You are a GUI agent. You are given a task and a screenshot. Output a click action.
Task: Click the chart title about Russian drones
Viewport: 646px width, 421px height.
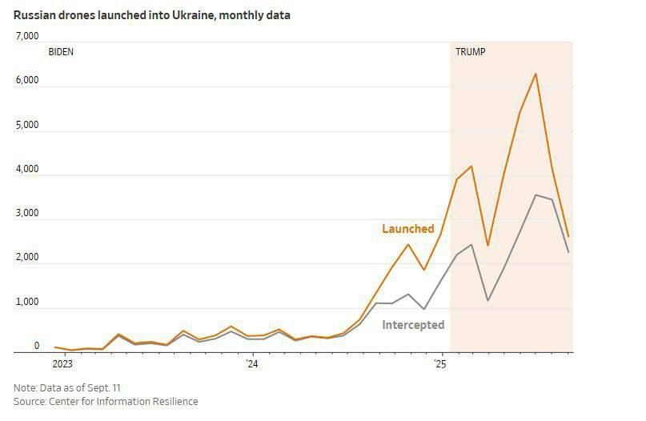pyautogui.click(x=151, y=15)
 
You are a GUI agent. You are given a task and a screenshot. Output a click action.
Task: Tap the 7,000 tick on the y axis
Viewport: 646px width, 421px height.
pyautogui.click(x=27, y=36)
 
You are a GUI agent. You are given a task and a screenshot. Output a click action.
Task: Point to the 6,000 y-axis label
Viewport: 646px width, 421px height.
pyautogui.click(x=27, y=81)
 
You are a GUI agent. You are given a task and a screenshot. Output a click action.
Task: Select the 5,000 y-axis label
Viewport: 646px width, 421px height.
pyautogui.click(x=27, y=126)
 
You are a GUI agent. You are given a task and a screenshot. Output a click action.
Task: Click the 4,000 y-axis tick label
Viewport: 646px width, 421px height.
pyautogui.click(x=27, y=170)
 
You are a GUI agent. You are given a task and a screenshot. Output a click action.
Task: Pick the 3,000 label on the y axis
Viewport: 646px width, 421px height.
pyautogui.click(x=27, y=214)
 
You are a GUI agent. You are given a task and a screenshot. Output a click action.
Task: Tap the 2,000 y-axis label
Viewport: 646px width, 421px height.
pyautogui.click(x=27, y=258)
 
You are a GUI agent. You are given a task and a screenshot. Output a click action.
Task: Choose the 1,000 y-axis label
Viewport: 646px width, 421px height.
pyautogui.click(x=27, y=303)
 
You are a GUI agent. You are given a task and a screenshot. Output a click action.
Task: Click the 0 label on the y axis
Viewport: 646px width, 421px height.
pyautogui.click(x=36, y=346)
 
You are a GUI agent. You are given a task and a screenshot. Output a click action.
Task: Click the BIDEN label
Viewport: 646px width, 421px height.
pyautogui.click(x=62, y=52)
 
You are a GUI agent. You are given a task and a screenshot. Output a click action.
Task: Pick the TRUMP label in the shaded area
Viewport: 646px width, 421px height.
pyautogui.click(x=470, y=52)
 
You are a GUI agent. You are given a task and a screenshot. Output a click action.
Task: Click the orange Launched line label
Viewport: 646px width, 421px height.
pyautogui.click(x=407, y=229)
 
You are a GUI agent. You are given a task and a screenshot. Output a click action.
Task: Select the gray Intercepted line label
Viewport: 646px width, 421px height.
pyautogui.click(x=413, y=325)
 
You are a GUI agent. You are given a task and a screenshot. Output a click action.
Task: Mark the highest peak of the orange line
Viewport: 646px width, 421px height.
pyautogui.click(x=536, y=74)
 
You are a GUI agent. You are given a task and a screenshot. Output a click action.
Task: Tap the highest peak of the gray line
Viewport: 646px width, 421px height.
pyautogui.click(x=536, y=194)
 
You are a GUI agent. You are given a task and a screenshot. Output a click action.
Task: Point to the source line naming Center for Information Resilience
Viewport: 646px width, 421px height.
pyautogui.click(x=106, y=401)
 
